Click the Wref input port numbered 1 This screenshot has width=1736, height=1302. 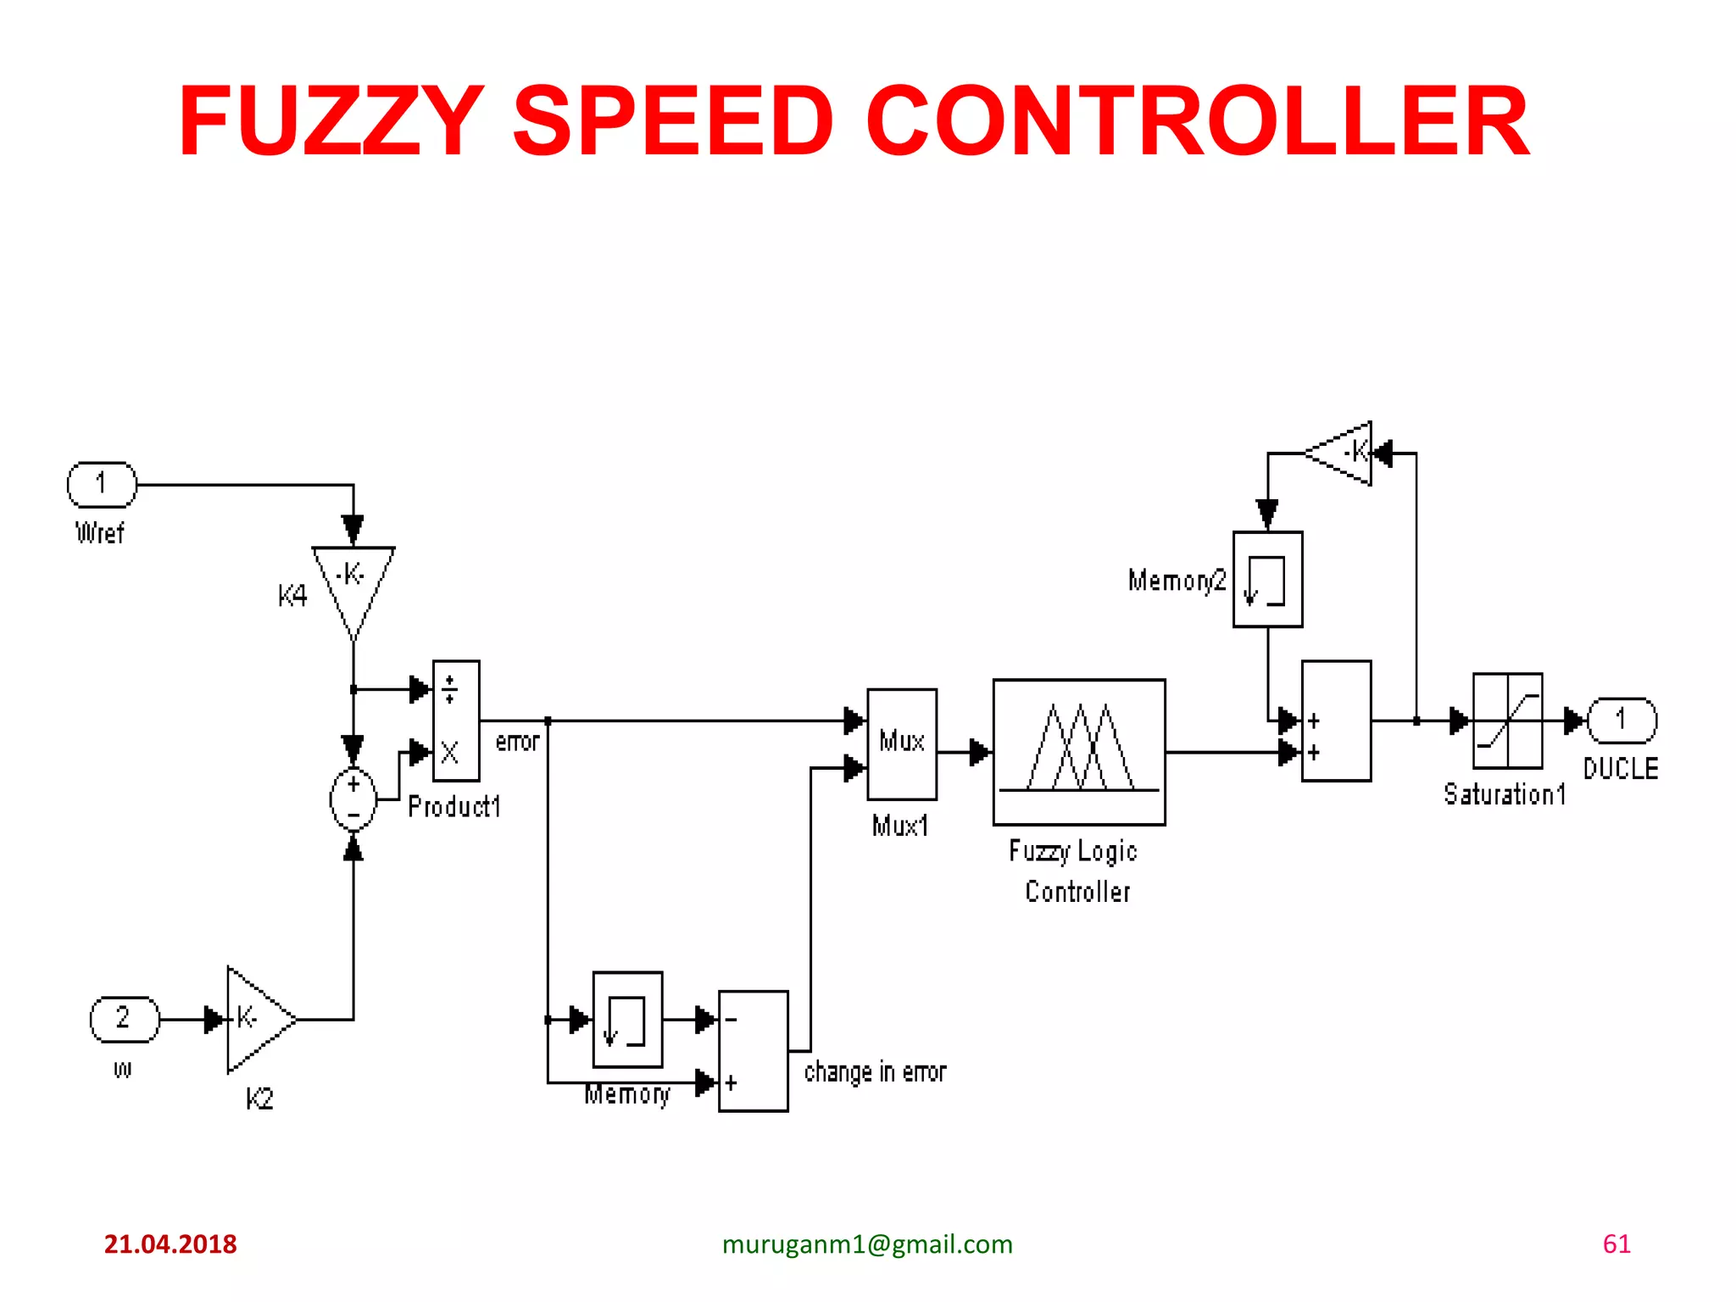[102, 484]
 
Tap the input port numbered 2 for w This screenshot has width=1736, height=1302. [125, 1019]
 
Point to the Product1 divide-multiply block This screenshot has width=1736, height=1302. [456, 721]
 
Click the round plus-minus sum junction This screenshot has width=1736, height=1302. [353, 798]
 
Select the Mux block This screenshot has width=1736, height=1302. [902, 743]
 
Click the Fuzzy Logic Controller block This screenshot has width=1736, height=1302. [1079, 751]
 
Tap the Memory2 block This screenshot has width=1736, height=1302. [1267, 580]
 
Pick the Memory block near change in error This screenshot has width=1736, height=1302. [627, 1019]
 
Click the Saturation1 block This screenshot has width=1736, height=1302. [1507, 721]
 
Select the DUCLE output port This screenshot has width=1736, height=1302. [1621, 721]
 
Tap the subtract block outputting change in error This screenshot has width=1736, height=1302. [753, 1051]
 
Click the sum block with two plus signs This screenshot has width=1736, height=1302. [1336, 721]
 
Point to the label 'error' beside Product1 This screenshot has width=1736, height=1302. [517, 742]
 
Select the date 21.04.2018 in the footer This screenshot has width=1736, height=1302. [170, 1244]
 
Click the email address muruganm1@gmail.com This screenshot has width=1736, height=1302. [867, 1244]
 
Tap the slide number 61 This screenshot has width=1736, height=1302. [1616, 1244]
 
